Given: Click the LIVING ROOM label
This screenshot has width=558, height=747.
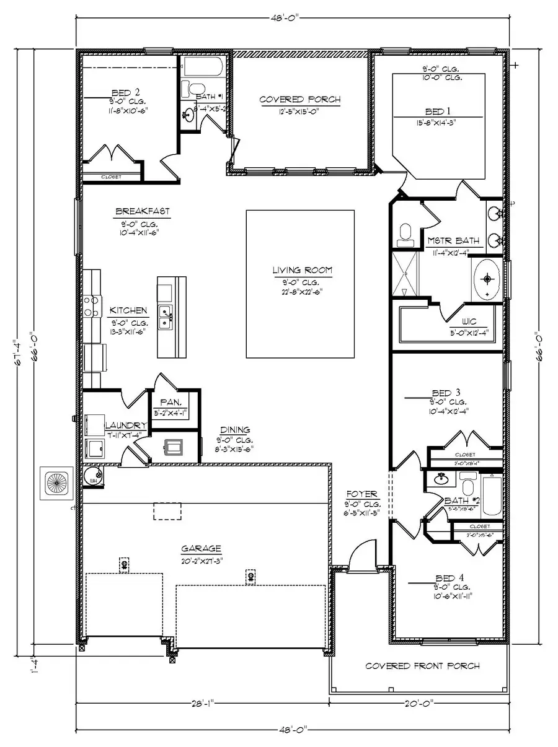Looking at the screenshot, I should coord(302,270).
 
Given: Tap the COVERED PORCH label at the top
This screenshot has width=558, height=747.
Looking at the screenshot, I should coord(299,100).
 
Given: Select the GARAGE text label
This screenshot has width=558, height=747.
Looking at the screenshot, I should coord(201,549).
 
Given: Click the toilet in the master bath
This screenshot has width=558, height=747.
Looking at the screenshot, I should coord(405,233).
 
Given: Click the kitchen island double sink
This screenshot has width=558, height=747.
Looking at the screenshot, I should coord(166,317).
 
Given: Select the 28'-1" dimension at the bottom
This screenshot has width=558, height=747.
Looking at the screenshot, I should coord(201,703).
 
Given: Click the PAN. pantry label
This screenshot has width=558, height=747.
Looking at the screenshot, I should coord(169,403).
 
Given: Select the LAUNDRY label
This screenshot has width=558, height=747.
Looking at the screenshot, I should coord(125,426).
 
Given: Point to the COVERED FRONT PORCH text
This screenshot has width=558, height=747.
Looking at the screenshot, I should coord(422,666).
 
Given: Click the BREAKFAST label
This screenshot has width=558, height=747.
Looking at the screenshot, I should coord(142,212).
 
